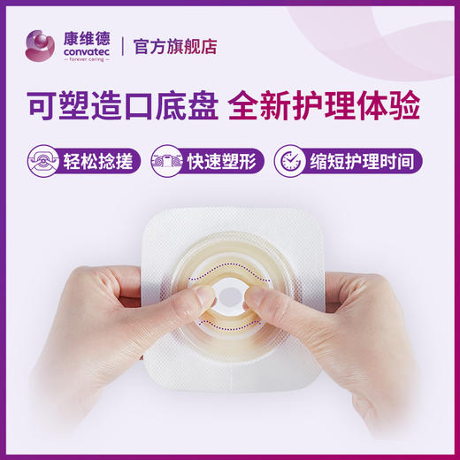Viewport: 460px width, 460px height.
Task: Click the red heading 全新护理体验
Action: click(x=323, y=104)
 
